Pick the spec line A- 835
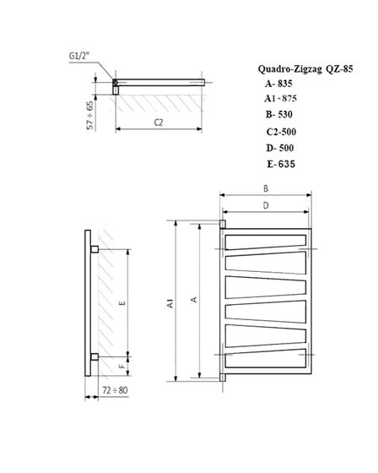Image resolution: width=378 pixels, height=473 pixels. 278,84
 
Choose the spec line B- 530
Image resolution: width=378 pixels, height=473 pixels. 278,117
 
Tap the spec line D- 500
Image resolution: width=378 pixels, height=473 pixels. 279,148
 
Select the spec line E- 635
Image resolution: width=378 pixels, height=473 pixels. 279,164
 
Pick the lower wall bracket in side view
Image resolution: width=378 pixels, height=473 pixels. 94,356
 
